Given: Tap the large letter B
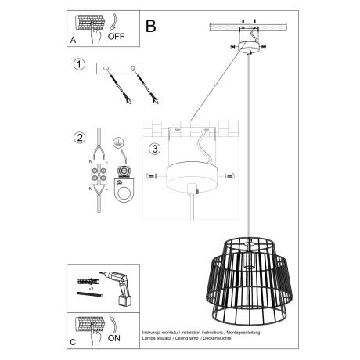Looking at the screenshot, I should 151,26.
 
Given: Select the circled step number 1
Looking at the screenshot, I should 78,65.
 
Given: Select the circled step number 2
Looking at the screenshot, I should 78,139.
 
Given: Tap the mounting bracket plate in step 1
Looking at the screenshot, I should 121,70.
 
